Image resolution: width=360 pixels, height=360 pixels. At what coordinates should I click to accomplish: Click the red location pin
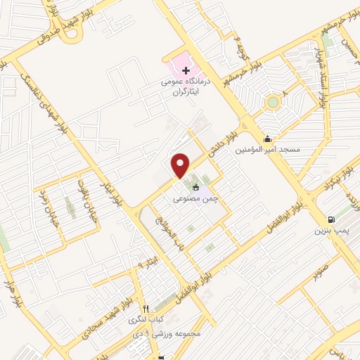181,165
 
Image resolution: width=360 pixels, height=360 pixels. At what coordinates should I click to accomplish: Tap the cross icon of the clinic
186,70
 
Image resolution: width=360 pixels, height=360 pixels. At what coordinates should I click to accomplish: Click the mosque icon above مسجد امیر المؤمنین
267,139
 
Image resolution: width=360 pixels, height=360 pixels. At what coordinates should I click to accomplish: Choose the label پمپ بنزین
330,230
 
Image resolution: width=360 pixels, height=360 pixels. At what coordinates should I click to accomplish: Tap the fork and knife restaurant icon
146,308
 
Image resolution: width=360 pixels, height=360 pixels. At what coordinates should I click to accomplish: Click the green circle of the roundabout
273,103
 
